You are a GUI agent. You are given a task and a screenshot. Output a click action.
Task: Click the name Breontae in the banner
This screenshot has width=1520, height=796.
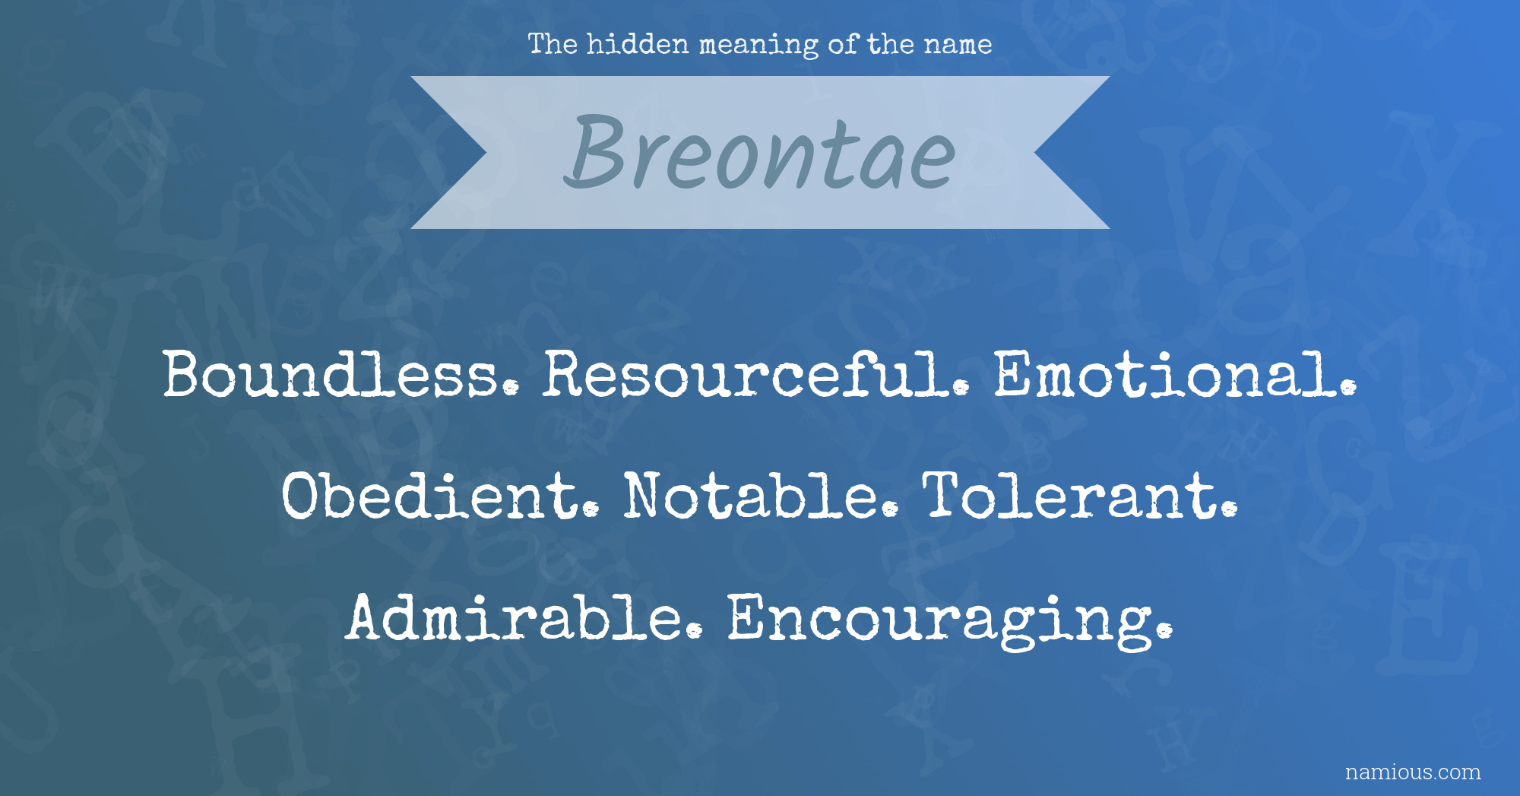point(759,152)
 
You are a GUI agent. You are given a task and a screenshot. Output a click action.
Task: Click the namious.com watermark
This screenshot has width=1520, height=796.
point(1413,772)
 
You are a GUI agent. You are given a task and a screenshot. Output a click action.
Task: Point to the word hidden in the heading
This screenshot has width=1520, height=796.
point(638,44)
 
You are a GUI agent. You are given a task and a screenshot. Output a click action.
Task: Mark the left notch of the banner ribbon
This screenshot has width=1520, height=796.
point(486,153)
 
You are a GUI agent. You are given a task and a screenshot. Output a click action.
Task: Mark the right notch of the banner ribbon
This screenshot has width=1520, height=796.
point(1034,153)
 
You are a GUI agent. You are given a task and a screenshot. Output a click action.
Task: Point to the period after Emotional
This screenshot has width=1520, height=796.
point(1347,388)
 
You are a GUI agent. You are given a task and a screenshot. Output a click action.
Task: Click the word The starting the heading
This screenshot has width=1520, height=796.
point(553,44)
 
